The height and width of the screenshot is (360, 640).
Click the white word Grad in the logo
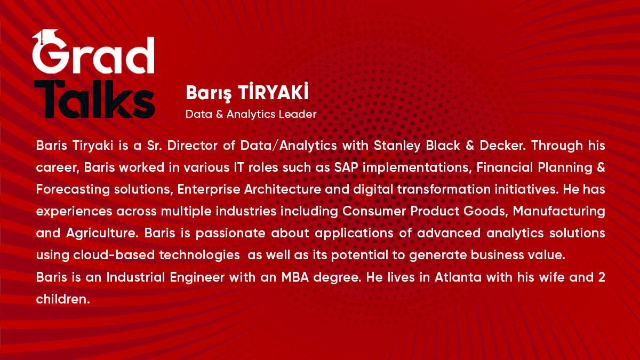[x=93, y=54]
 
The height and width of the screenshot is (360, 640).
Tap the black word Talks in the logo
[x=95, y=99]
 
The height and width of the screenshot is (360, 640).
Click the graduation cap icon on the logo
[x=46, y=36]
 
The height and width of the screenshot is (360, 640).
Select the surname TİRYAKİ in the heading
[x=274, y=92]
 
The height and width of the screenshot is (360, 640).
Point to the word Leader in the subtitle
[x=298, y=114]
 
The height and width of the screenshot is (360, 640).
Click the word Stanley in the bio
[x=397, y=146]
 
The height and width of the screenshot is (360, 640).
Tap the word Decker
[x=502, y=146]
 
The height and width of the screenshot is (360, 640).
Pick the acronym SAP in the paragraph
[x=346, y=167]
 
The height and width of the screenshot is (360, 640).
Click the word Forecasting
[x=73, y=190]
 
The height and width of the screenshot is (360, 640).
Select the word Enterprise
[x=209, y=190]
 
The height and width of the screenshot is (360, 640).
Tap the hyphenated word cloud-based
[x=114, y=255]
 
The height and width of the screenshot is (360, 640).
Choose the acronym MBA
[x=295, y=277]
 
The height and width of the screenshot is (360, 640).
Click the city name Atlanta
[x=458, y=277]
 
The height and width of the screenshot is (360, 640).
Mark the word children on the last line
[x=63, y=299]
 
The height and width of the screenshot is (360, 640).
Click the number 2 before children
[x=602, y=277]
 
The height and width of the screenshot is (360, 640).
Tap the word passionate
[x=230, y=234]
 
